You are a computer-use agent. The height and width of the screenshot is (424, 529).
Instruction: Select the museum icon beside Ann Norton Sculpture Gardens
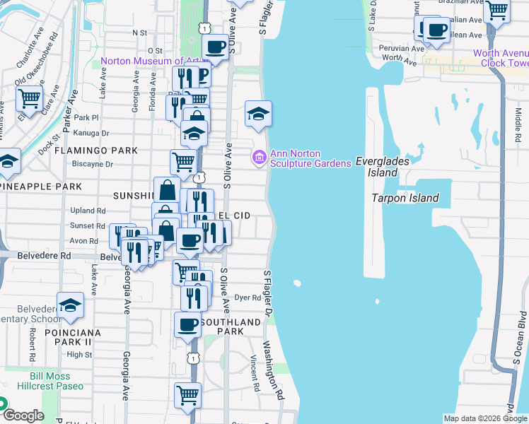(259, 156)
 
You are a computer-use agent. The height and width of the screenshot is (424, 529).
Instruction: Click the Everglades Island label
(382, 166)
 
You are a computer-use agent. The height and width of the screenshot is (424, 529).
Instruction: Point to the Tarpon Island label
(405, 198)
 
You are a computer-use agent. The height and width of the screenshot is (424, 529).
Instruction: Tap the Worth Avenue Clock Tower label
(500, 58)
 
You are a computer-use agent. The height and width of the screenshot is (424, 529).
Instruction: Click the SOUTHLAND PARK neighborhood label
(230, 326)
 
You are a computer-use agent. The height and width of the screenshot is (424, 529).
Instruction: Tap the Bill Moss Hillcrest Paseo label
(57, 381)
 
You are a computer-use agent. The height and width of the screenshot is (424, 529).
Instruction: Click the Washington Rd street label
(272, 370)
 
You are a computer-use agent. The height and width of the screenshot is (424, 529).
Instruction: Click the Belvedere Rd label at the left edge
(44, 255)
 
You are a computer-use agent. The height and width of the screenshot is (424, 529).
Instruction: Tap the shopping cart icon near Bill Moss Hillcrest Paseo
(187, 396)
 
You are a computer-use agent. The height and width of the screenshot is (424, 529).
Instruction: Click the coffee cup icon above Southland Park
(188, 325)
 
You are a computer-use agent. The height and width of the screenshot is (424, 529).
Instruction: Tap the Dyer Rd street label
(248, 298)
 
